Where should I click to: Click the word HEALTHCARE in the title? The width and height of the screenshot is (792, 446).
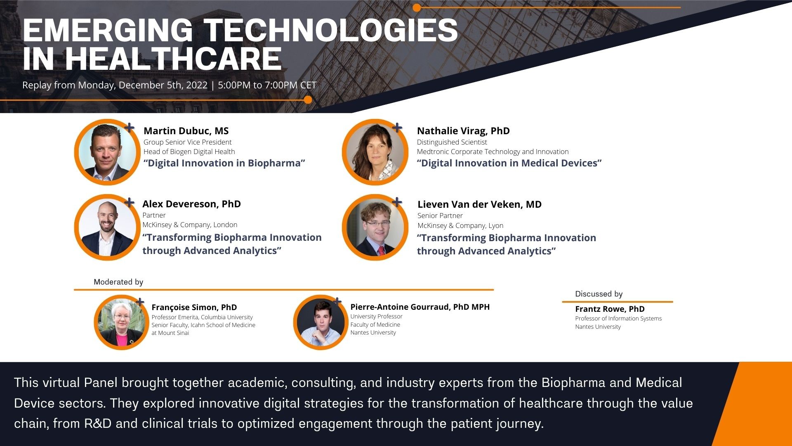click(x=173, y=59)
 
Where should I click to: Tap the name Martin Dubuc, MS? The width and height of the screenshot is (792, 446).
click(x=186, y=131)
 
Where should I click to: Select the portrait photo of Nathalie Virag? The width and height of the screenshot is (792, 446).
click(x=375, y=152)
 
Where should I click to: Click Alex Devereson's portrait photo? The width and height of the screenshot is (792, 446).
click(x=107, y=227)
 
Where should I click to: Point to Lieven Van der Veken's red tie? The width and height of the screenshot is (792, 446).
click(x=381, y=250)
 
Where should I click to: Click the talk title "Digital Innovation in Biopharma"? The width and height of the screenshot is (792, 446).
click(x=224, y=163)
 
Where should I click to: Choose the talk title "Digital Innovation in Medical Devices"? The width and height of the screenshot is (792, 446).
click(x=509, y=163)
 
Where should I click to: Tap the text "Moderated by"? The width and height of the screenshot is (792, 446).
click(x=118, y=282)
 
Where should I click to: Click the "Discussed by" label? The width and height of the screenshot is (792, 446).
click(x=599, y=294)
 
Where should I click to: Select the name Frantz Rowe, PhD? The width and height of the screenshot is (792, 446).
click(x=610, y=309)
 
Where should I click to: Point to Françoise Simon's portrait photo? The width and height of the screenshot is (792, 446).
click(x=122, y=322)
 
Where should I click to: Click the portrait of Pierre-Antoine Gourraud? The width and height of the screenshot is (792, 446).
click(x=321, y=322)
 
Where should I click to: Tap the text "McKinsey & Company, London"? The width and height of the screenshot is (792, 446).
click(x=190, y=225)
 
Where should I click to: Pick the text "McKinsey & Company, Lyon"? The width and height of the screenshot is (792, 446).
click(x=460, y=225)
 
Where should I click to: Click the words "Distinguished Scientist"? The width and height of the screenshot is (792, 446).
click(x=452, y=142)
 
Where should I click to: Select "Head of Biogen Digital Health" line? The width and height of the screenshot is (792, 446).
click(x=189, y=152)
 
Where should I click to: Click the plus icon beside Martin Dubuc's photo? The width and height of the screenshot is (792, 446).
click(x=130, y=128)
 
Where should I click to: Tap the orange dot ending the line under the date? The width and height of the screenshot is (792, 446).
click(x=308, y=100)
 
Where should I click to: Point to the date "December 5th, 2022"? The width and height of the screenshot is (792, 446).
click(x=163, y=85)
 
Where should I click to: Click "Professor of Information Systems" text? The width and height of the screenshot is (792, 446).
click(x=618, y=318)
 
